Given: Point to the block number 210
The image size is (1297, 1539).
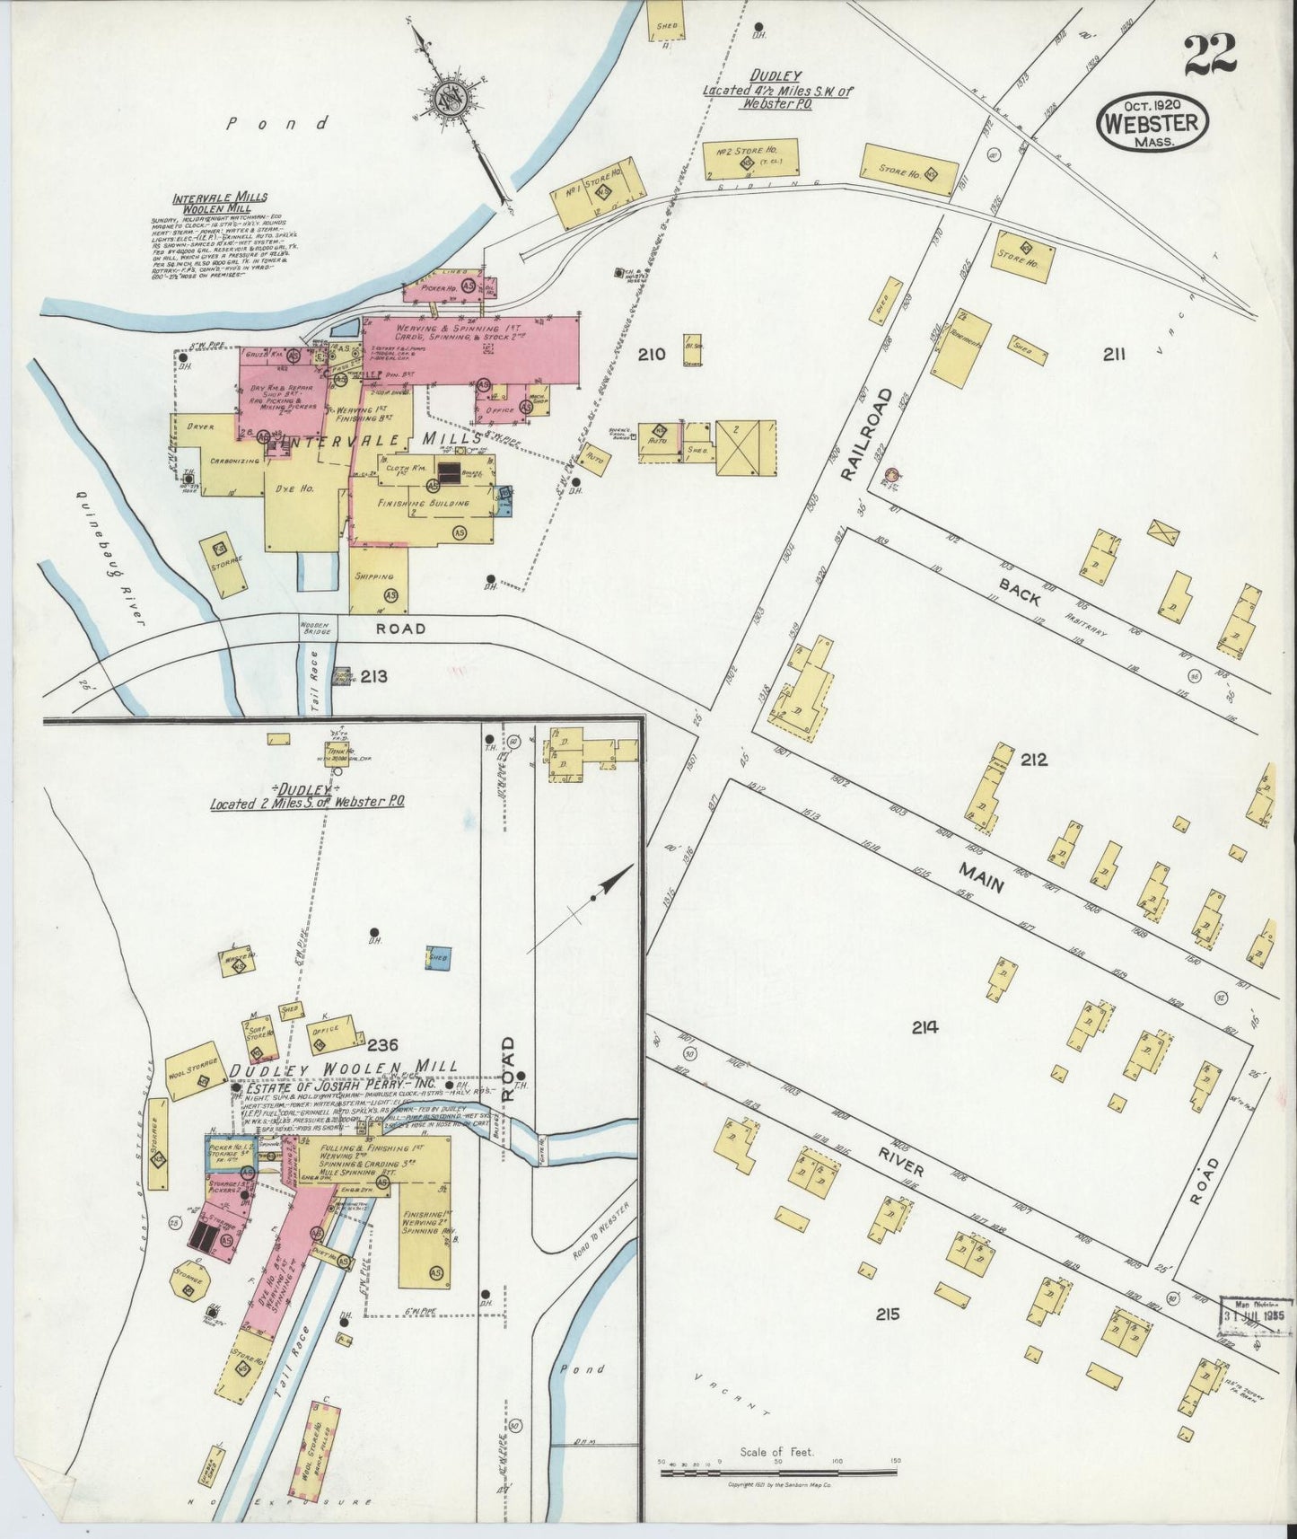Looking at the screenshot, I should (652, 355).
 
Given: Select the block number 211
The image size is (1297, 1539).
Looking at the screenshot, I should (1114, 355).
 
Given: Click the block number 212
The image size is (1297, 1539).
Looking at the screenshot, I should (1033, 760).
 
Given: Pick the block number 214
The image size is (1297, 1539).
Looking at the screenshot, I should (925, 1027).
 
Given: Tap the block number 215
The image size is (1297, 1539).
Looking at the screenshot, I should (888, 1315).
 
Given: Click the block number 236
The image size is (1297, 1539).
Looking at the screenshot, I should (385, 1044).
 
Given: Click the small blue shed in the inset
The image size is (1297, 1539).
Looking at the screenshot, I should (438, 958).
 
